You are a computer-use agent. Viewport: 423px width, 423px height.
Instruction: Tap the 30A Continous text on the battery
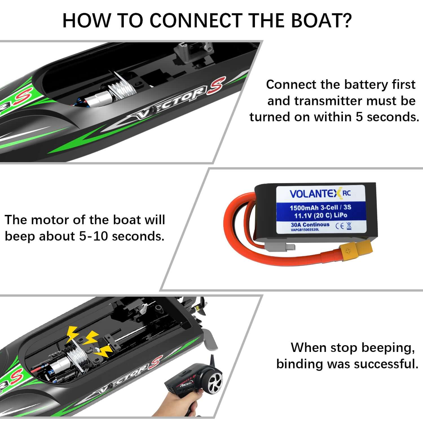310,224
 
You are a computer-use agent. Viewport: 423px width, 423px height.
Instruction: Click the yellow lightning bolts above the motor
90,340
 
